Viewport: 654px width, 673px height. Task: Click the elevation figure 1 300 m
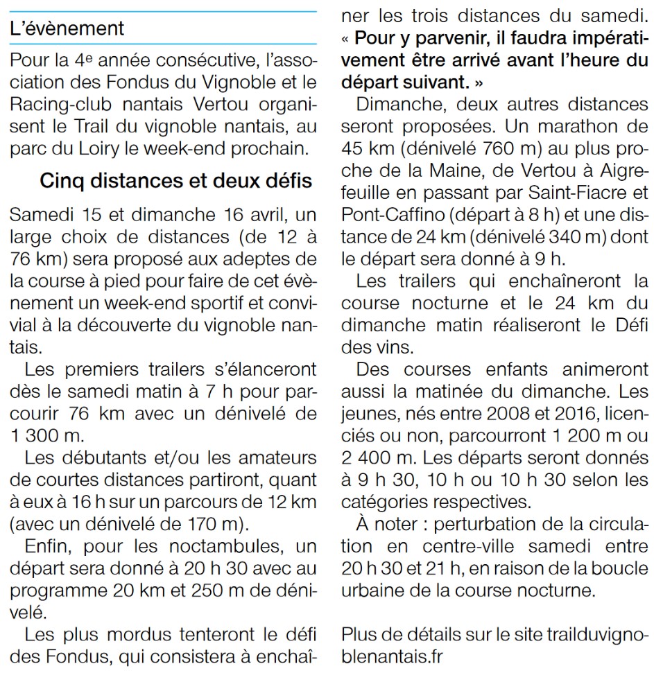[x=44, y=437]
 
